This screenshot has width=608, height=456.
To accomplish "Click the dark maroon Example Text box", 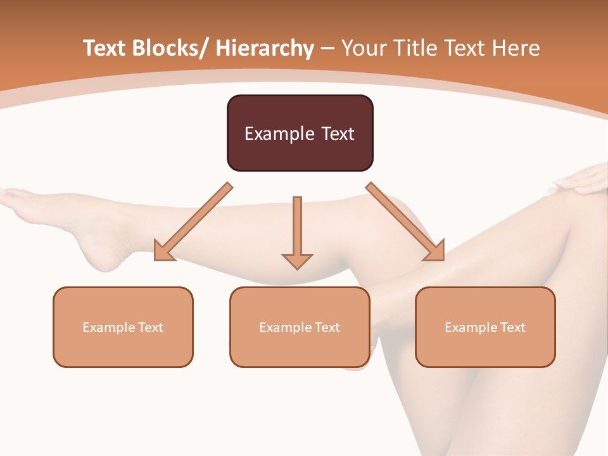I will pyautogui.click(x=300, y=133).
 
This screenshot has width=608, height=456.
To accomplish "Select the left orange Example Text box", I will pyautogui.click(x=123, y=327).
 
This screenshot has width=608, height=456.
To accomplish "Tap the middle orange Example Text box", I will pyautogui.click(x=300, y=327).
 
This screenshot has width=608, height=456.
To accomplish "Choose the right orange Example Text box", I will pyautogui.click(x=485, y=327).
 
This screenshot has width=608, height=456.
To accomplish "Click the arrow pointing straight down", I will pyautogui.click(x=297, y=231).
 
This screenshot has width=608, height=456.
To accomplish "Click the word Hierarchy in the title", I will pyautogui.click(x=265, y=48).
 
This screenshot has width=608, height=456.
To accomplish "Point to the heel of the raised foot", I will pyautogui.click(x=104, y=256).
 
